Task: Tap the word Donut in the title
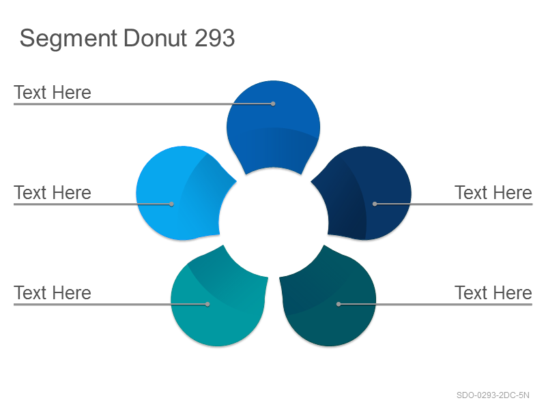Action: [x=156, y=37]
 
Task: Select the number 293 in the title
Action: [x=214, y=37]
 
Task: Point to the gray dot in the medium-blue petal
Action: [x=273, y=104]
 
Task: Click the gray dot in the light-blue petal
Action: [x=171, y=204]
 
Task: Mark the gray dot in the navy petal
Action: [x=375, y=204]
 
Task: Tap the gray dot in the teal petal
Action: [x=207, y=304]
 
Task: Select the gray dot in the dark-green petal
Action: [x=339, y=304]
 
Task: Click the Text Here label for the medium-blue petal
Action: [x=53, y=93]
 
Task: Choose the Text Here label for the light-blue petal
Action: [x=53, y=193]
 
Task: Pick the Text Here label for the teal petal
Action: [x=53, y=293]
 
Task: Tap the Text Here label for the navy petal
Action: [x=493, y=193]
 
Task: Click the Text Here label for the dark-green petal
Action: [x=493, y=293]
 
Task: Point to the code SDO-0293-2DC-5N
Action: [x=493, y=395]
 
